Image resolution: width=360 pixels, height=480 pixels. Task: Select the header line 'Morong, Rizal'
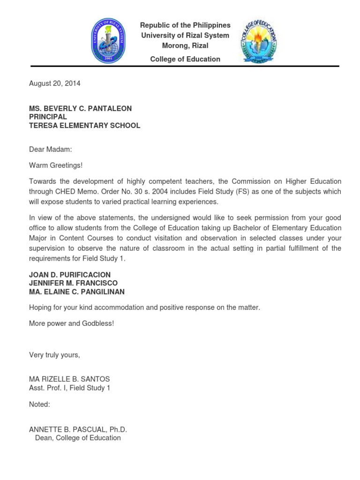pos(185,45)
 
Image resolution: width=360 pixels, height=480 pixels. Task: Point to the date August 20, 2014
pos(55,83)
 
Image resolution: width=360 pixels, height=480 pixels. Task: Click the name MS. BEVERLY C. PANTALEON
pos(80,108)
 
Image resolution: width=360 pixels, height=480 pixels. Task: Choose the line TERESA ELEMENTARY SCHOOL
pos(84,126)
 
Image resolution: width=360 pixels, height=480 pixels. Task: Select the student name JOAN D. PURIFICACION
pos(70,275)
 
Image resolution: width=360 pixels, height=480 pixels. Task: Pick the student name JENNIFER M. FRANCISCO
pos(73,283)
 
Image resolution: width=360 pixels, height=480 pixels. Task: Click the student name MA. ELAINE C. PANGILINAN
pos(77,292)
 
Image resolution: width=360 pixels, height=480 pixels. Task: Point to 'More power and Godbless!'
pos(71,323)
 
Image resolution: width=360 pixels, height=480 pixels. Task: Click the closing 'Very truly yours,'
pos(54,355)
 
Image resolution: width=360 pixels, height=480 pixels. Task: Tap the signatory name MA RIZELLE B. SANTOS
pos(69,379)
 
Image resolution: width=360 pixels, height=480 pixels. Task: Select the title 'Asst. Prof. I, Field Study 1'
pos(69,388)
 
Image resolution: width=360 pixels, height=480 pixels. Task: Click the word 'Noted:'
pos(39,404)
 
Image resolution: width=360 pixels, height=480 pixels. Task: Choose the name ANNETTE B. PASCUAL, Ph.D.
pos(78,429)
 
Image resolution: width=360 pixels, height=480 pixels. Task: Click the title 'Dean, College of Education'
pos(78,438)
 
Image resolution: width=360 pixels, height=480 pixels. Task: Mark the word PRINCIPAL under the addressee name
pos(48,117)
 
